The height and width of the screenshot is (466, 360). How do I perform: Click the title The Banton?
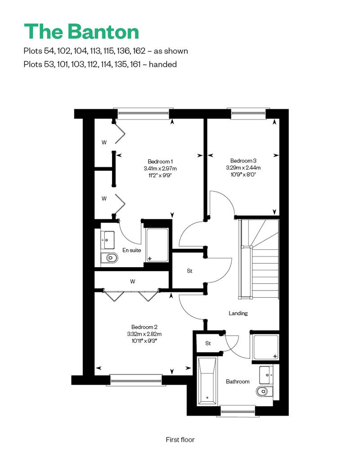tap(81, 31)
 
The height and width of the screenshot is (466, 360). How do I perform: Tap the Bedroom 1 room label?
tap(160, 161)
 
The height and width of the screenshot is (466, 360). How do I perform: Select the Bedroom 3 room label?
tap(243, 161)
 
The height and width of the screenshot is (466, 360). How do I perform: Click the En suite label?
tap(132, 250)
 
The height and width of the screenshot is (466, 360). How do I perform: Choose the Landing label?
tap(238, 313)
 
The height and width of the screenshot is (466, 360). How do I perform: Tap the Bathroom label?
tap(238, 381)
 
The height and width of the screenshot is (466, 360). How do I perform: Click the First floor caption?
tap(180, 439)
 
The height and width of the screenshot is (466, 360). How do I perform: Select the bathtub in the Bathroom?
tap(207, 381)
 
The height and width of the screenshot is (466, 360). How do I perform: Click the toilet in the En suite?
tap(110, 258)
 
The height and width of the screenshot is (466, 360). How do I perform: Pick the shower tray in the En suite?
tap(157, 245)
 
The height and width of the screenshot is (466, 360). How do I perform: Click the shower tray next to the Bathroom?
tap(266, 347)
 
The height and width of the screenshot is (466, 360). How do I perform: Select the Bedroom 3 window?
tap(248, 113)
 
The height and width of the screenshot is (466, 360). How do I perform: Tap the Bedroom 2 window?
tap(136, 380)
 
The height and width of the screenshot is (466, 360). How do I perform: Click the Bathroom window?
tap(238, 411)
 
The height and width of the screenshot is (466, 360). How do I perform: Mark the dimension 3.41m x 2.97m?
tap(160, 169)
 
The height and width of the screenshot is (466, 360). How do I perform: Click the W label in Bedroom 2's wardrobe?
tap(133, 281)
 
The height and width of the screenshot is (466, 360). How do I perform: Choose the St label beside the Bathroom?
tap(208, 343)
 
